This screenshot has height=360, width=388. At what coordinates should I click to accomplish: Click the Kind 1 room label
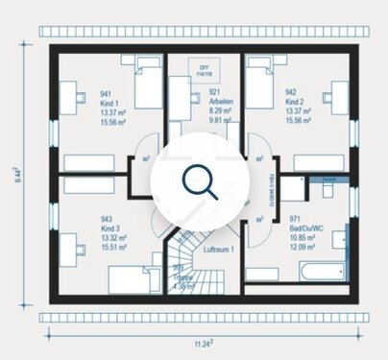click(109, 104)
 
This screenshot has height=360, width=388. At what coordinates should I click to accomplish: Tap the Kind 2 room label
click(296, 104)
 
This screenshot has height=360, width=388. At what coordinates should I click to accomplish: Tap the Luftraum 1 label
click(218, 249)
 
